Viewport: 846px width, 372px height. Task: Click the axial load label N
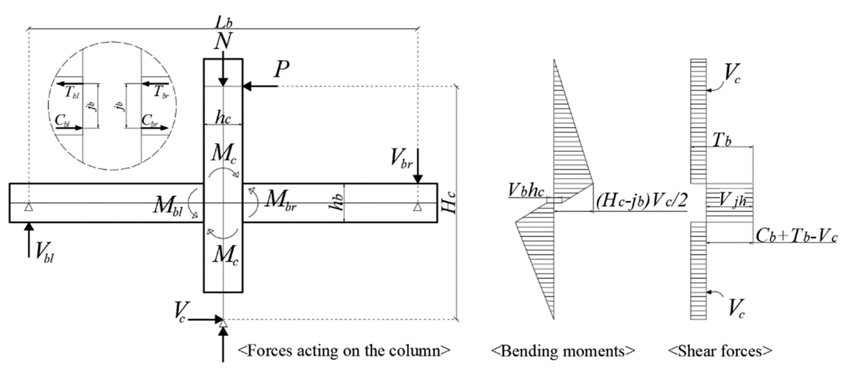pyautogui.click(x=223, y=41)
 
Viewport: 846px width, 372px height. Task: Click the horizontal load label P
pyautogui.click(x=282, y=70)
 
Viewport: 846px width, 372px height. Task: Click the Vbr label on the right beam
pyautogui.click(x=401, y=159)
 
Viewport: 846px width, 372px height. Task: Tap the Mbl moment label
pyautogui.click(x=168, y=206)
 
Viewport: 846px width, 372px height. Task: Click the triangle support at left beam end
pyautogui.click(x=28, y=207)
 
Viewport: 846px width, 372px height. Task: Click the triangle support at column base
pyautogui.click(x=223, y=324)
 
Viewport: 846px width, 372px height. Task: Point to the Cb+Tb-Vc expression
pyautogui.click(x=796, y=236)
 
